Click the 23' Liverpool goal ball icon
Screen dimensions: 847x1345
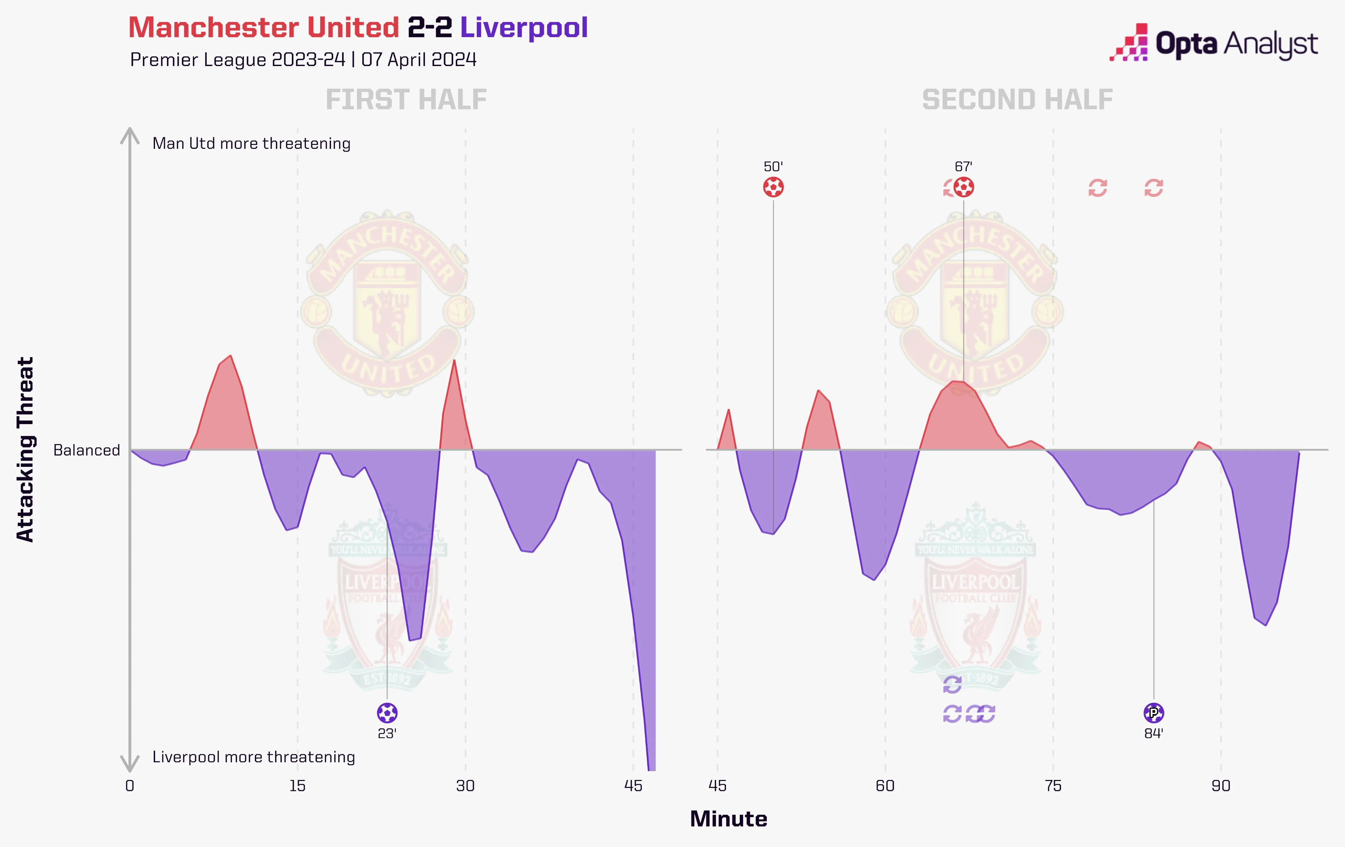[x=387, y=713]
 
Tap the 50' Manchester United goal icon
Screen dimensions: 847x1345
[x=773, y=187]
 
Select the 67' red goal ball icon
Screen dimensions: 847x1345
[x=963, y=187]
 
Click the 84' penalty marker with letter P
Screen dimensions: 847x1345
[x=1154, y=713]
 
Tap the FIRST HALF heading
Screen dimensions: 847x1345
[x=406, y=100]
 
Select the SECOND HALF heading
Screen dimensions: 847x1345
[x=1017, y=100]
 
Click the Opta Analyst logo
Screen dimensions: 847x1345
[x=1213, y=42]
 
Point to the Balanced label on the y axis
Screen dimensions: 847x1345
[x=87, y=450]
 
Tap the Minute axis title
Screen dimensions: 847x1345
[x=728, y=819]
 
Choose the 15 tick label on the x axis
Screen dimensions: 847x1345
[x=297, y=786]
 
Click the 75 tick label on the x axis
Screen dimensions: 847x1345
[x=1053, y=786]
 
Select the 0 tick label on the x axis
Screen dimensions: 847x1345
[x=130, y=786]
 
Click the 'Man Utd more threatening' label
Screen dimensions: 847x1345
[x=251, y=144]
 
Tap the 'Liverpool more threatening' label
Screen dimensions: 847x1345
[x=254, y=757]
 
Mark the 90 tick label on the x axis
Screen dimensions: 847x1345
[x=1221, y=786]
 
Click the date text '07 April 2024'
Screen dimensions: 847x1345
[x=419, y=60]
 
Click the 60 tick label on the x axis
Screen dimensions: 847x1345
[x=885, y=786]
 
